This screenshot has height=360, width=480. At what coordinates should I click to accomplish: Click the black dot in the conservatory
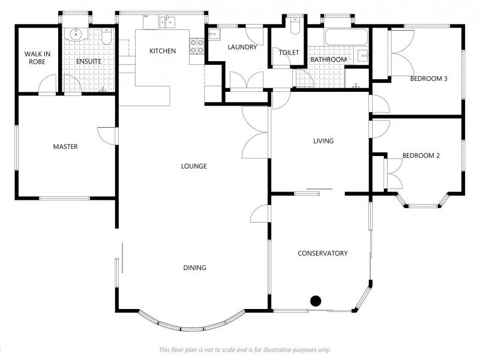pos(316,301)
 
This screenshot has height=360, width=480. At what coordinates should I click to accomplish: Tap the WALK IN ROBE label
pos(37,58)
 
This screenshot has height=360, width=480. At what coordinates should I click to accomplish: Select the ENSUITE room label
pos(89,61)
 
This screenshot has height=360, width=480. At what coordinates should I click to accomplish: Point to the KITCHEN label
pos(163,51)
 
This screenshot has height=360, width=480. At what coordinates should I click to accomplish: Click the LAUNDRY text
pos(242,47)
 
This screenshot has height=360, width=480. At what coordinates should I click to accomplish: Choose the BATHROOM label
pos(328,59)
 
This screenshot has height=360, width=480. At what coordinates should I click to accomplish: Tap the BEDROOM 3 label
pos(428,79)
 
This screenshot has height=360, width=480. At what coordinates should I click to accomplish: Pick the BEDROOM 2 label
pos(421,155)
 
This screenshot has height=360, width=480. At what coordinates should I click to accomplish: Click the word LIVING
pos(323,141)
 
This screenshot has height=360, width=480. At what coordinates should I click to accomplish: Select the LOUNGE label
pos(194,166)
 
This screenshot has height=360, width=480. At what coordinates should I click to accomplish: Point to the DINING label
pos(194,268)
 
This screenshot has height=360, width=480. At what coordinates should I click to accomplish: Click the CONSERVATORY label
pos(323,253)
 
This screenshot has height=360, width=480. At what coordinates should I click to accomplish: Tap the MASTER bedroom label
pos(65,146)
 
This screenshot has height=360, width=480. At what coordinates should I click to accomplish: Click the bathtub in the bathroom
pos(346,37)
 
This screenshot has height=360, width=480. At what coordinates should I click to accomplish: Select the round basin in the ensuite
pos(76,34)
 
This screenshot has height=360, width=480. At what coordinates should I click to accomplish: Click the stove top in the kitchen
pos(197,46)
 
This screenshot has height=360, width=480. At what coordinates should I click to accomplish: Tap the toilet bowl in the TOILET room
pos(295,26)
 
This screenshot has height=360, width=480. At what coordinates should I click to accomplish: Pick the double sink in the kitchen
pos(167,22)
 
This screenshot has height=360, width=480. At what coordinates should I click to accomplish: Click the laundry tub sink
pos(214,34)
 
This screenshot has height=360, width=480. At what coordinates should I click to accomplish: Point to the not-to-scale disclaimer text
pos(245,350)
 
